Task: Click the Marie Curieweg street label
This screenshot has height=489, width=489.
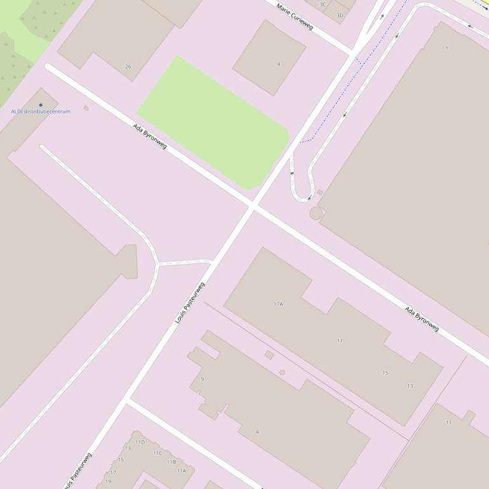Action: tap(295, 16)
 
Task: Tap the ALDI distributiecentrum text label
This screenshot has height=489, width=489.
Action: tap(41, 111)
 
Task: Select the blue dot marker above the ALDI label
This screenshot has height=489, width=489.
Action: tap(41, 105)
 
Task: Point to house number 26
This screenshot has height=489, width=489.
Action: tap(128, 67)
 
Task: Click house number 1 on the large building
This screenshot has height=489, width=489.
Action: tap(446, 48)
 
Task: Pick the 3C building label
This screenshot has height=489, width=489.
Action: tap(323, 4)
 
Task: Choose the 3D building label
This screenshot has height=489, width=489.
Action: tap(340, 15)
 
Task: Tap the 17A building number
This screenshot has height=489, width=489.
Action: tap(278, 304)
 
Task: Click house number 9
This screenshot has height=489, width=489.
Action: tap(202, 379)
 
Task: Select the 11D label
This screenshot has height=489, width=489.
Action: tap(140, 442)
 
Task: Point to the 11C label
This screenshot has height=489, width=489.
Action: tap(157, 453)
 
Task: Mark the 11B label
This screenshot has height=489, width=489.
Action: tap(171, 462)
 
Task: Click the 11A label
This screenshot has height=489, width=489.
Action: tap(182, 471)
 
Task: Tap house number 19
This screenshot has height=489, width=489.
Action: tap(109, 481)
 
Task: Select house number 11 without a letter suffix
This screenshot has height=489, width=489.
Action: tap(448, 422)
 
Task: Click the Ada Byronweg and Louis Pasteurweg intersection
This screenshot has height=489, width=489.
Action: tap(253, 206)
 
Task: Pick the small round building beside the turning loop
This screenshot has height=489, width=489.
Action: tap(316, 213)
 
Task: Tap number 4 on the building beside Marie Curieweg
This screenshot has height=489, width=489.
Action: tap(278, 64)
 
